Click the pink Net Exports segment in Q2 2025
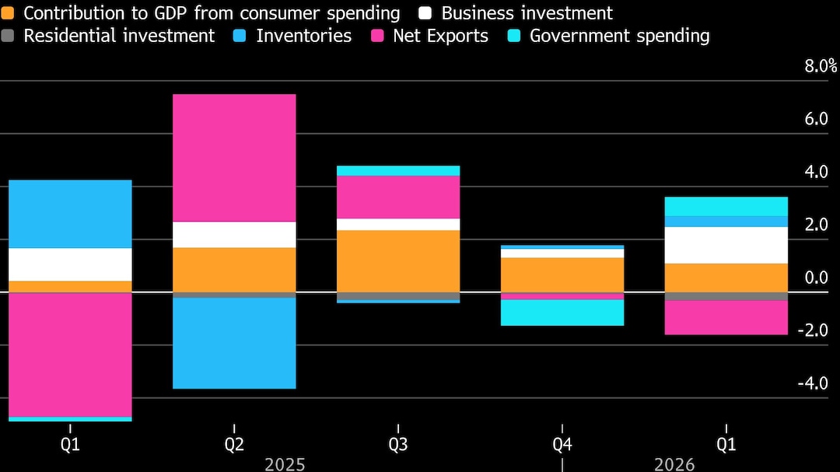coord(234,158)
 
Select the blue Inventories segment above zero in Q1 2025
coord(70,214)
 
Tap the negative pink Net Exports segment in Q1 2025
coord(70,354)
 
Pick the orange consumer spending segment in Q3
coord(397,260)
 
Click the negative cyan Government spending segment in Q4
coord(562,313)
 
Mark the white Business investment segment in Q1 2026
coord(726,245)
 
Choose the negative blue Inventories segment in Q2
coord(234,343)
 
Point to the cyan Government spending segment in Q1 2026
coord(726,206)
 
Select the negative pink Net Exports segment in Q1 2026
coord(726,317)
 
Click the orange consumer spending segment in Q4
coord(562,274)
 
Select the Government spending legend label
coord(619,36)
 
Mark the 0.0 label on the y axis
coord(815,278)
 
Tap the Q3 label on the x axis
coord(397,445)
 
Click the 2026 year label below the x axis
coord(674,464)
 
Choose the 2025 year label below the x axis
coord(285,464)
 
